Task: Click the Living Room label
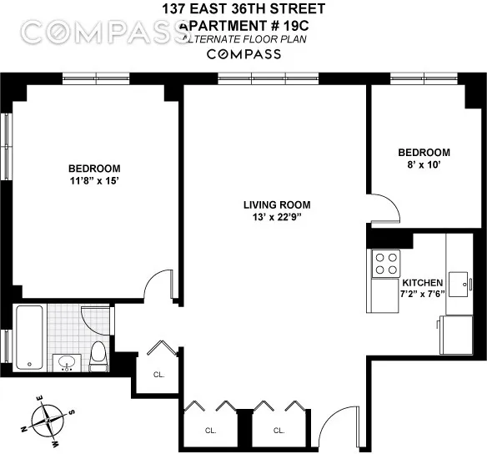tap(277, 204)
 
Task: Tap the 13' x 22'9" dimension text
tap(277, 218)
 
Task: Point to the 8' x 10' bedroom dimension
tap(424, 165)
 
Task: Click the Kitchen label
tap(423, 282)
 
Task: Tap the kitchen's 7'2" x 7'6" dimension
tap(423, 294)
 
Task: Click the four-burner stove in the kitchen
tap(385, 265)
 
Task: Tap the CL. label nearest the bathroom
tap(158, 374)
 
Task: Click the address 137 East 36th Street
tap(243, 10)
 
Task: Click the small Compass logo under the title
tap(243, 54)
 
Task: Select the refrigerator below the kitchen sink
tap(460, 335)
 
